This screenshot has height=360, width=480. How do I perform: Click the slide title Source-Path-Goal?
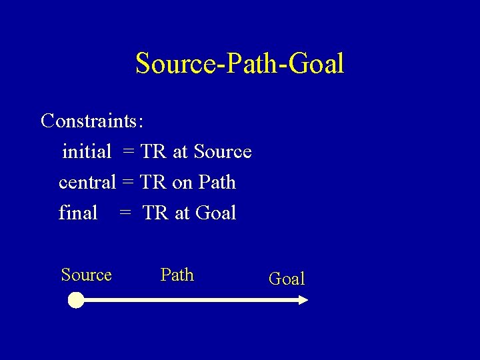[x=239, y=64]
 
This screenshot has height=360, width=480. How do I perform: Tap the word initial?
[x=87, y=152]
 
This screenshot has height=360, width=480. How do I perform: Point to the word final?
[x=78, y=213]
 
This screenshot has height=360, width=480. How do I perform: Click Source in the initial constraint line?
[x=223, y=152]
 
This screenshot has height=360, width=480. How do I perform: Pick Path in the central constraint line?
[x=217, y=182]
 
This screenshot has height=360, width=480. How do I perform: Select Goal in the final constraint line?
[x=217, y=213]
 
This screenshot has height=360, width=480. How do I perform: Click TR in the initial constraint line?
[x=153, y=152]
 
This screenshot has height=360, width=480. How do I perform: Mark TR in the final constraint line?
[x=156, y=213]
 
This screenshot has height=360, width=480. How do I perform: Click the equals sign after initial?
[x=129, y=153]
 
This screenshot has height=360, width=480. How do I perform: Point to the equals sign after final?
[x=125, y=213]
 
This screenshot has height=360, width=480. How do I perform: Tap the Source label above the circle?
[x=86, y=275]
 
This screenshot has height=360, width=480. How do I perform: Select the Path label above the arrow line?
[x=177, y=275]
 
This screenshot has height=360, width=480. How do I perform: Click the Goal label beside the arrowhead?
[x=287, y=279]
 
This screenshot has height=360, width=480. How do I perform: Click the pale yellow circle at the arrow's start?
[x=76, y=301]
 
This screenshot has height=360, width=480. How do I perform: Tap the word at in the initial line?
[x=180, y=153]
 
